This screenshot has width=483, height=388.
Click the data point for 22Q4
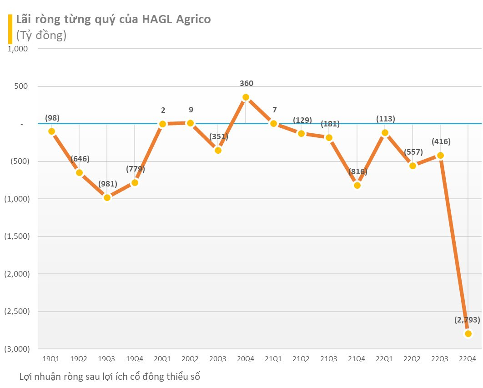point(468,333)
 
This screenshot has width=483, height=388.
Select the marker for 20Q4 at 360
point(246,97)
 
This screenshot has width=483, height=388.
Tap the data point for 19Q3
point(107,197)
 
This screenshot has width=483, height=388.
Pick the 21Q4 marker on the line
point(357,185)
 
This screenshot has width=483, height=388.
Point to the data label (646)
point(80,159)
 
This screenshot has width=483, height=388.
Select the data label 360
point(246,83)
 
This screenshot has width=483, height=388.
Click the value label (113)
point(385,119)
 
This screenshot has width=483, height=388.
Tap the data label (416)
point(441,141)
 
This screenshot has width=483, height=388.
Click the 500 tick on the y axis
point(21,86)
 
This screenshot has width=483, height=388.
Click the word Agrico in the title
point(191,20)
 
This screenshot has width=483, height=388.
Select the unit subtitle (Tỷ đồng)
point(41,35)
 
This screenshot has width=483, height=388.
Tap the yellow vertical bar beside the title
point(10,29)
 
